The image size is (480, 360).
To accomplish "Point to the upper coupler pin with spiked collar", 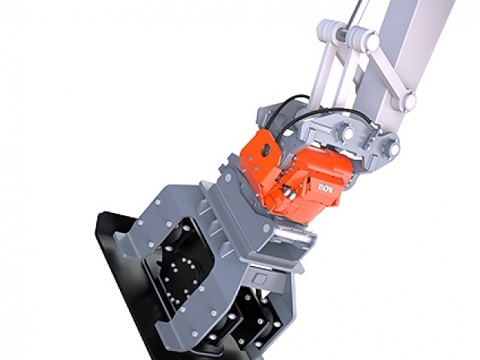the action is pos(346,132).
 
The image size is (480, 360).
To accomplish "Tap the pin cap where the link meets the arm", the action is pos(409,100).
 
